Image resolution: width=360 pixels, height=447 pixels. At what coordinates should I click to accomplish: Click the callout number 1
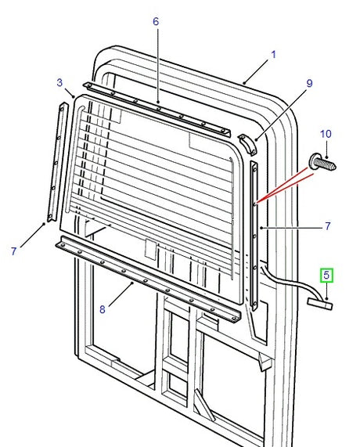274,55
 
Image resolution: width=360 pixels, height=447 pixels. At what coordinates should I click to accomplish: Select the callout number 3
59,82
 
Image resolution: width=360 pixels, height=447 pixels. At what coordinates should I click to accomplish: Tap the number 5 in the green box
326,276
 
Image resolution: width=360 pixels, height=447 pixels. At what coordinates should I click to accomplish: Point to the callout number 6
156,21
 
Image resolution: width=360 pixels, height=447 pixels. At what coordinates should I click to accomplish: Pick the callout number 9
309,83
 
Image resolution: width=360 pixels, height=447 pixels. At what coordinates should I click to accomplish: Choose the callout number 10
326,134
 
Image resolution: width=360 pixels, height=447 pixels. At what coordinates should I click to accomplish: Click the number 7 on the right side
327,226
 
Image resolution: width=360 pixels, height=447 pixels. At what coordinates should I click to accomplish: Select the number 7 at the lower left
14,251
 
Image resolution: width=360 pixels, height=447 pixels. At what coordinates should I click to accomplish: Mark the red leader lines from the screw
286,186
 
